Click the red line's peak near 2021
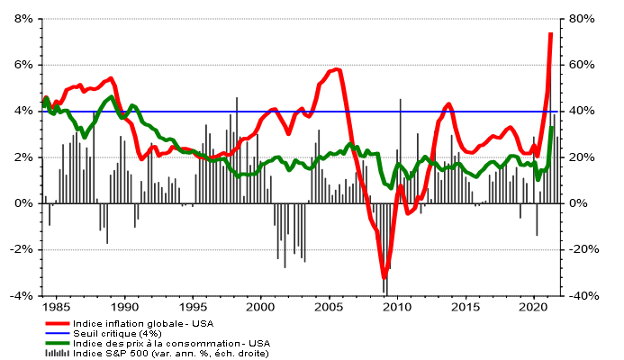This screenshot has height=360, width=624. pyautogui.click(x=550, y=33)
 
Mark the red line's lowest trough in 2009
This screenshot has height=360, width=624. pyautogui.click(x=384, y=278)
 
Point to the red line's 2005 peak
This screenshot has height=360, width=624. pyautogui.click(x=335, y=69)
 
